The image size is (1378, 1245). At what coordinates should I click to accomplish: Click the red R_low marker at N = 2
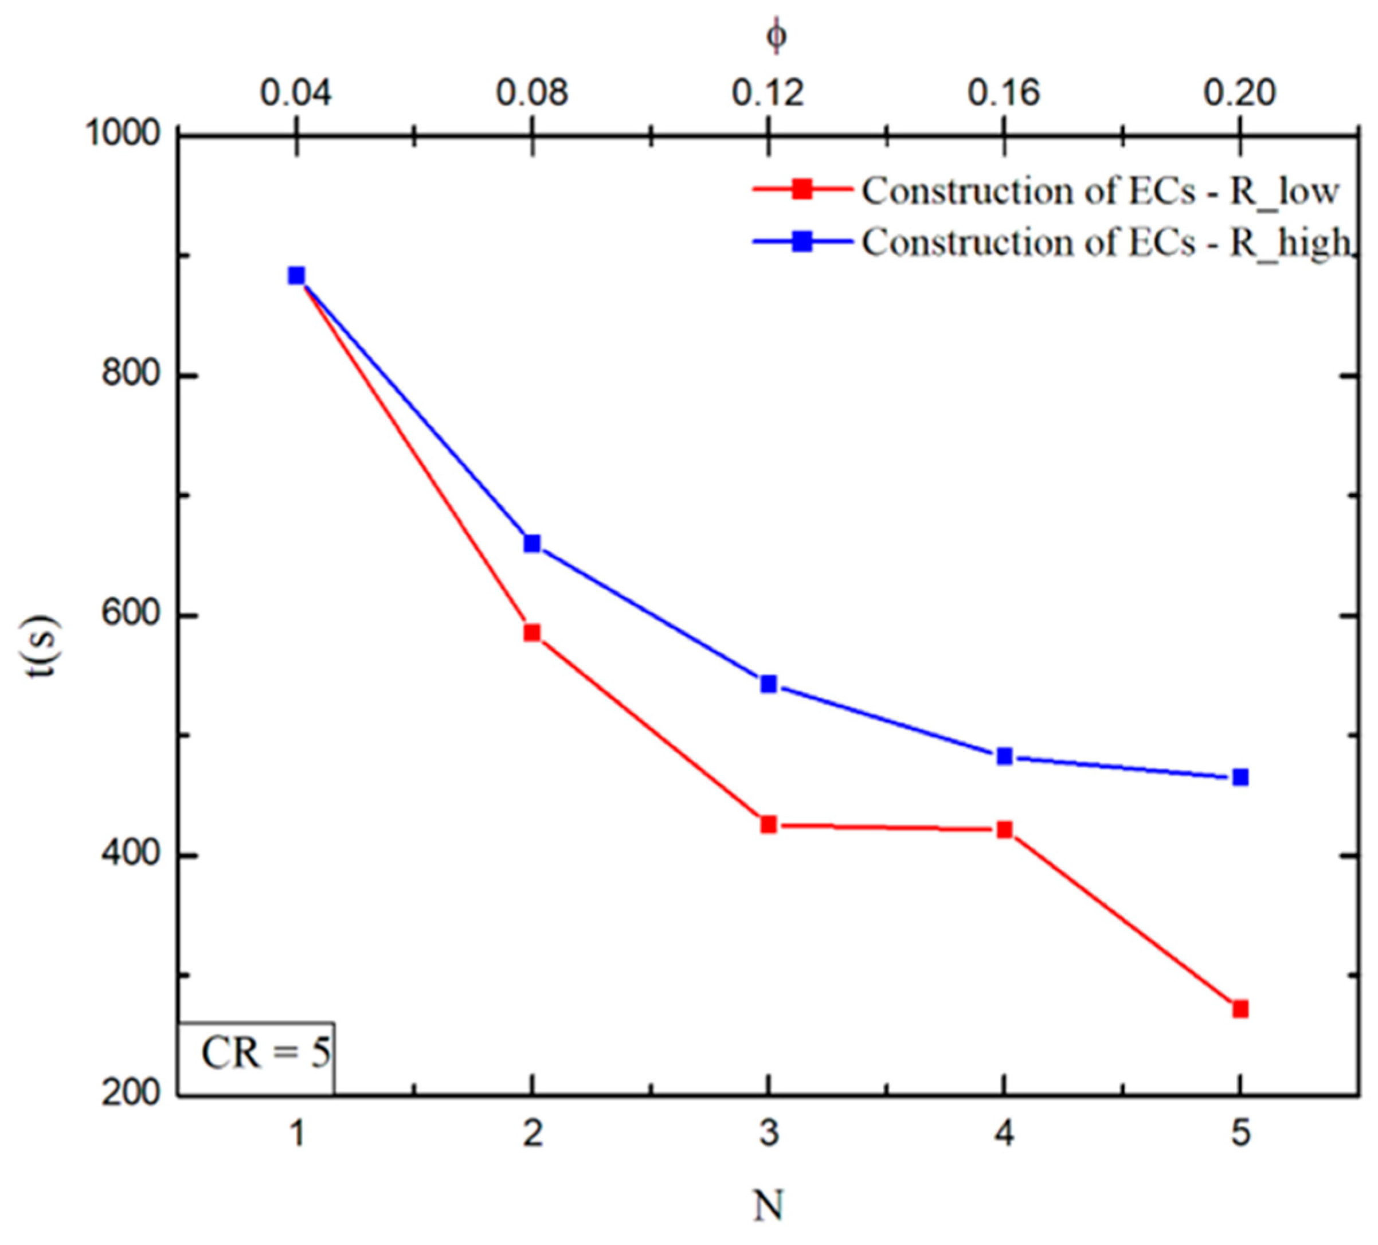(532, 633)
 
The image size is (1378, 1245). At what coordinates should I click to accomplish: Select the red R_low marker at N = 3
(768, 825)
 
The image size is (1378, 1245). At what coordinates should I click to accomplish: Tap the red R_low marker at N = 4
(1004, 830)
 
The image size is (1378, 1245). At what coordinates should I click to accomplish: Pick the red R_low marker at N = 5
(1240, 1009)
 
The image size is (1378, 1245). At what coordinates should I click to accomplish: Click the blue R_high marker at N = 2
(532, 544)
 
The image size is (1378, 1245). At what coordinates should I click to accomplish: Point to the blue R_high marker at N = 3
(768, 684)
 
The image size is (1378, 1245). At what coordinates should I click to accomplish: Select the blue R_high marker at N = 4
(1004, 756)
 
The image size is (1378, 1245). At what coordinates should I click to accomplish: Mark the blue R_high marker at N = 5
(1240, 778)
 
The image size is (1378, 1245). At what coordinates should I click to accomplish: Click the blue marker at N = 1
(296, 275)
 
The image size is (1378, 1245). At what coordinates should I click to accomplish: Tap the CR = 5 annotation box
(257, 1053)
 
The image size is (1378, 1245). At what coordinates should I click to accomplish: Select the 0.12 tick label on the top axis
(768, 93)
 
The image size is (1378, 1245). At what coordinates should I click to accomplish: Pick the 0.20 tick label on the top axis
(1239, 93)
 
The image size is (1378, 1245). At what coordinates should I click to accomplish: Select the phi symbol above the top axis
(776, 36)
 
